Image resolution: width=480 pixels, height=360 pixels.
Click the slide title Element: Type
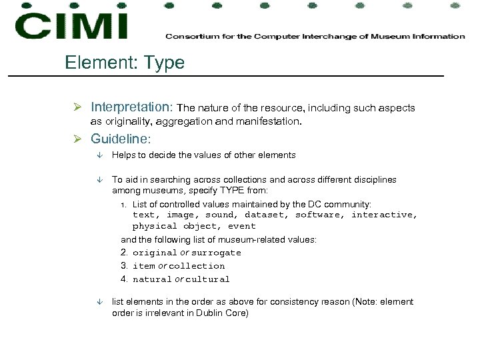coord(125,63)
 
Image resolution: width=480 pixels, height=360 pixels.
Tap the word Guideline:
coord(121,139)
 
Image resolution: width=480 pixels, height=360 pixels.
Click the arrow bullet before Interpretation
coord(77,108)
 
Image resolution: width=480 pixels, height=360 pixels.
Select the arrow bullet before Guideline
coord(77,140)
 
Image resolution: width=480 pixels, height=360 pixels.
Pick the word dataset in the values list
coord(265,215)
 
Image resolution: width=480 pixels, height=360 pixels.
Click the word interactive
coord(384,215)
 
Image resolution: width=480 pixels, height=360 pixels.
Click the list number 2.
coord(124,253)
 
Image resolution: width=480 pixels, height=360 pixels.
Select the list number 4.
coord(124,279)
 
